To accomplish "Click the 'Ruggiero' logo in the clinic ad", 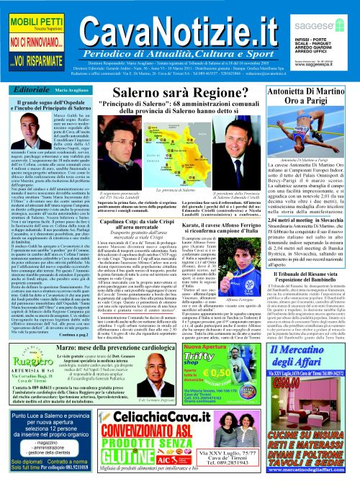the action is click(28, 356).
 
